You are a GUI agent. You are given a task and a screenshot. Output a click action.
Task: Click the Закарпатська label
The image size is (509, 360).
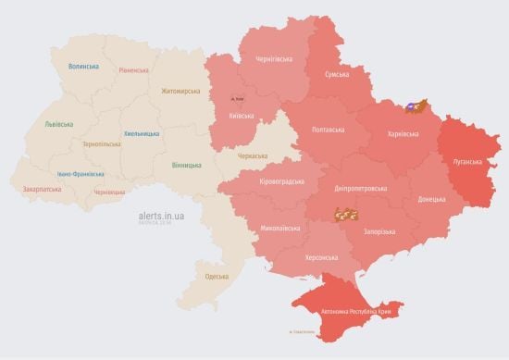tap(42, 189)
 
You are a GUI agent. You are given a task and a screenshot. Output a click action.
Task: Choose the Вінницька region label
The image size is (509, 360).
tap(186, 165)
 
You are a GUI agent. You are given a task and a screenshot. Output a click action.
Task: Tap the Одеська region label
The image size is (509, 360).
tap(216, 277)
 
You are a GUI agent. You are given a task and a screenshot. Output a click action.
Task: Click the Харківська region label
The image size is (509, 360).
tap(392, 135)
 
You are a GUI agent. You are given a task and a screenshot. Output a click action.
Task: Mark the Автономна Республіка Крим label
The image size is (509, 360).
tap(356, 313)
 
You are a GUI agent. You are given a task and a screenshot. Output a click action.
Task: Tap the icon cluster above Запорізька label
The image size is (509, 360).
tap(346, 215)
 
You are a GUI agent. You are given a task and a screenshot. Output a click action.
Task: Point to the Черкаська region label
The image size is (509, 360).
tap(253, 157)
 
